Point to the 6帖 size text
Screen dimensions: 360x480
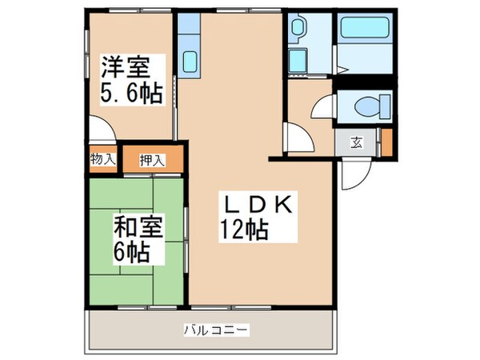130,254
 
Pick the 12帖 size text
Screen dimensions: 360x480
244,231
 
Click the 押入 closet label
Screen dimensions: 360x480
152,159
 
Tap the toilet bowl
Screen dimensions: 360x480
369,105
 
